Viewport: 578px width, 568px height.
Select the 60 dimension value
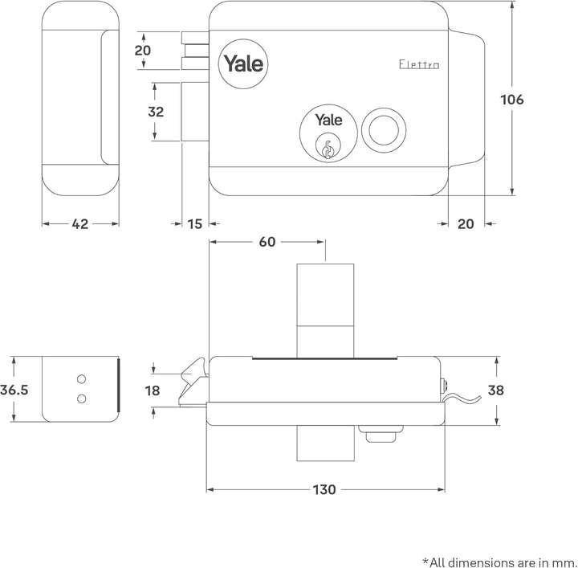coord(267,241)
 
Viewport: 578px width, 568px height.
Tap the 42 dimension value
coord(80,224)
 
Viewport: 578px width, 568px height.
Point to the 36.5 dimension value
coord(14,390)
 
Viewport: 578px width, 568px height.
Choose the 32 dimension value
coord(156,112)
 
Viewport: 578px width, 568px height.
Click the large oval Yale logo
coord(243,63)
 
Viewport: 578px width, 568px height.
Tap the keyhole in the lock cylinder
coord(328,148)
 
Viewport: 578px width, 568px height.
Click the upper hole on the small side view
coord(81,378)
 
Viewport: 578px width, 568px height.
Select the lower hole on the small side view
coord(81,398)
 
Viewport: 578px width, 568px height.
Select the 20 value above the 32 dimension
coord(144,50)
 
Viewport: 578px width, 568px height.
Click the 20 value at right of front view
coord(466,224)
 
